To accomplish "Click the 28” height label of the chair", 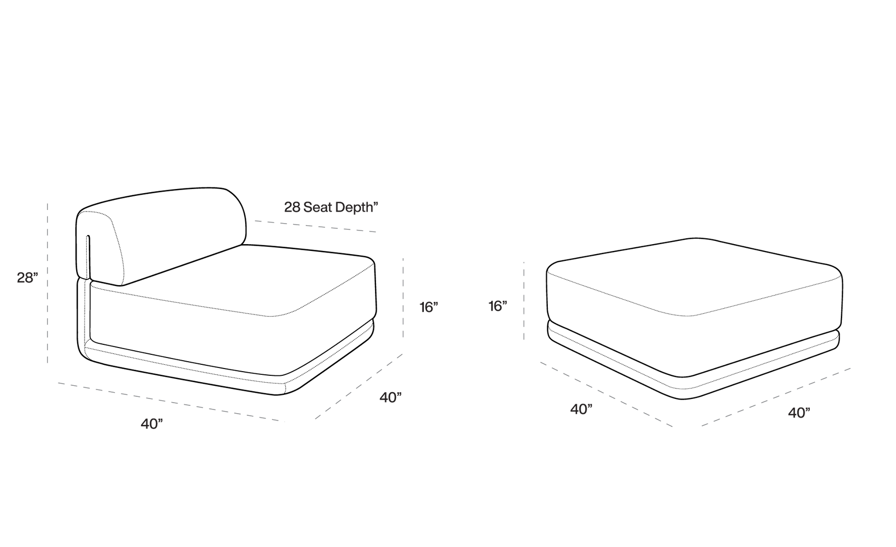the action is click(x=27, y=278).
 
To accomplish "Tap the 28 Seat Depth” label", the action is click(x=331, y=207).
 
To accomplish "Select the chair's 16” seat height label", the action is click(x=429, y=307).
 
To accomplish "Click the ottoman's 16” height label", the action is click(x=497, y=306).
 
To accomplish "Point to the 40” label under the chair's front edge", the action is click(x=152, y=424).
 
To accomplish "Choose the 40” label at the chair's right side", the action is click(x=390, y=397).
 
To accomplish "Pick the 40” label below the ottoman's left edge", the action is click(x=581, y=409).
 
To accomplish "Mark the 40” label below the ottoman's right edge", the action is click(x=799, y=413).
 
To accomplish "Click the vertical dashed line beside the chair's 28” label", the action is click(x=48, y=283).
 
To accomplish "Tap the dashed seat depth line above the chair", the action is click(x=315, y=226).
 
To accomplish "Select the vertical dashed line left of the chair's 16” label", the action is click(x=403, y=298).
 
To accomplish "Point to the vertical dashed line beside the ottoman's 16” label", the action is click(x=524, y=301).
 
